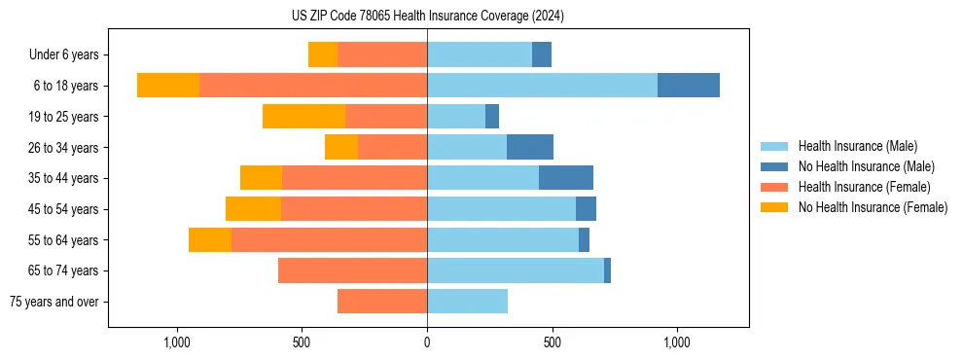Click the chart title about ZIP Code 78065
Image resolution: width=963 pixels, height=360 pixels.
coord(427,16)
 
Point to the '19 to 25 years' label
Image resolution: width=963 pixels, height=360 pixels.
coord(64,117)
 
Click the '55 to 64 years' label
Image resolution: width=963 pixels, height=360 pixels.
coord(64,240)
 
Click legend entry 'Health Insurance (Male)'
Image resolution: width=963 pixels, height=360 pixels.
coord(857,146)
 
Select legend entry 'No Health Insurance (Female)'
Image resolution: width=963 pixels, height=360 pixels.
coord(873,207)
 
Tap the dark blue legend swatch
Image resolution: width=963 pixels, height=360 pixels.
coord(775,166)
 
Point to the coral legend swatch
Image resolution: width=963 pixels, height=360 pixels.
coord(775,187)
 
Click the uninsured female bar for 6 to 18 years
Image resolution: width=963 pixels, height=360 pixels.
coord(168,86)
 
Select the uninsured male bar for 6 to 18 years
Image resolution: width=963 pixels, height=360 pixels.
coord(689,86)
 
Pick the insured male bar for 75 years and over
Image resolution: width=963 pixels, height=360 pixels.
coord(467,302)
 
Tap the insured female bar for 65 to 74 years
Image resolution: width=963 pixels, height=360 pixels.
coord(352,270)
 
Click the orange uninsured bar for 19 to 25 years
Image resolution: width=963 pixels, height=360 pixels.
coord(303,117)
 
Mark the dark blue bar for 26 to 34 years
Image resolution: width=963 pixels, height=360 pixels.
coord(530,147)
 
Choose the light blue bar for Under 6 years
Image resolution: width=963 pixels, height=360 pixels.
coord(480,54)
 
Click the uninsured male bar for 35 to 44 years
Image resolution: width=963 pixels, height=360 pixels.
coord(566,178)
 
